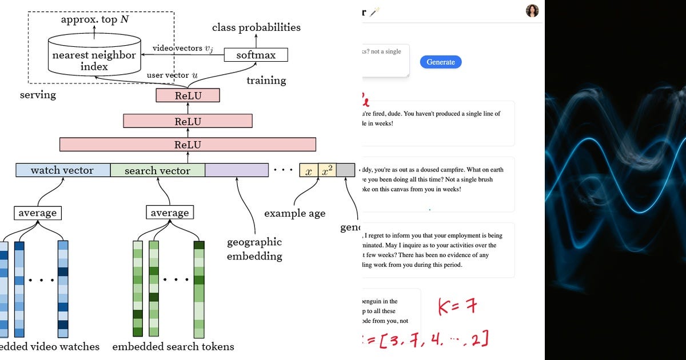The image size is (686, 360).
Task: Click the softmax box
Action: [256, 55]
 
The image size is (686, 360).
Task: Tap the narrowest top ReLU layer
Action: [188, 95]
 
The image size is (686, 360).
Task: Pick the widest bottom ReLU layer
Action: [188, 145]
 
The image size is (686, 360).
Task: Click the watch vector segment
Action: [62, 170]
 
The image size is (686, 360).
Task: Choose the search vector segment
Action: [157, 170]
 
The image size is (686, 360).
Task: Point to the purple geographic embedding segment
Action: [237, 170]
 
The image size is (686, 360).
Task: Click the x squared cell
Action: [327, 170]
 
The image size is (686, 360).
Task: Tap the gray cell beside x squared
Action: [345, 170]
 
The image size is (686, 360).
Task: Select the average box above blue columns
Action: [38, 213]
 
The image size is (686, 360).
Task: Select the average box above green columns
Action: [169, 213]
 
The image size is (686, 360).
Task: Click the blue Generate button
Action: [440, 62]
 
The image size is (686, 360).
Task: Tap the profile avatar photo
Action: [532, 10]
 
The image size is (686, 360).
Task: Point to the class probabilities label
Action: [256, 27]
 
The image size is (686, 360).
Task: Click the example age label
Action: [294, 213]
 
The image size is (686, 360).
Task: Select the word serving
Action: [38, 94]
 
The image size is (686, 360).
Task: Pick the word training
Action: [266, 80]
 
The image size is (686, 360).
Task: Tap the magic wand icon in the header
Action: [374, 11]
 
